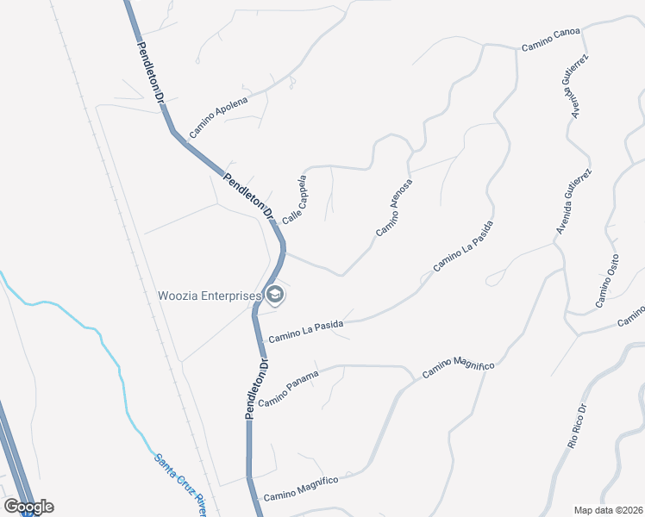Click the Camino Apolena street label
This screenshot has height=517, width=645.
[218, 116]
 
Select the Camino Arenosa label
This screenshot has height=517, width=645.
[394, 208]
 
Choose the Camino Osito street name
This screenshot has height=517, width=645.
[607, 281]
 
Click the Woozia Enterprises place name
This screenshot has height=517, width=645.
[209, 296]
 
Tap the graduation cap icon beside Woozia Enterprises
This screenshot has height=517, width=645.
[275, 296]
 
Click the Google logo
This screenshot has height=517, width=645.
[28, 506]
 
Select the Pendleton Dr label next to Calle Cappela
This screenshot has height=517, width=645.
[247, 196]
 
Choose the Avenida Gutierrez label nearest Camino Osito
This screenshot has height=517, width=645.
[573, 201]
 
